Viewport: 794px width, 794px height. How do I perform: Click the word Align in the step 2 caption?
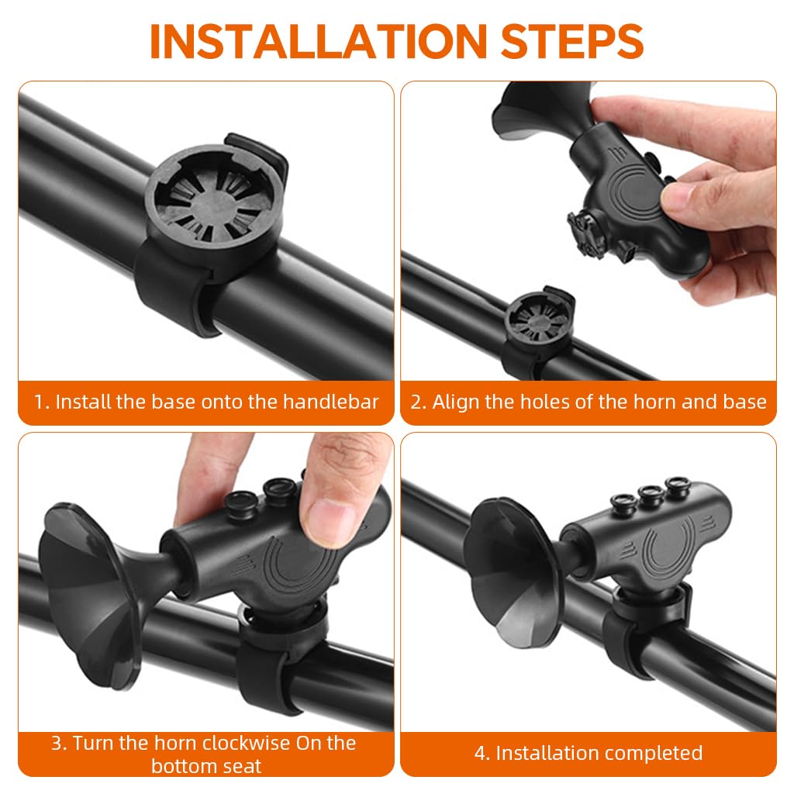tap(456, 402)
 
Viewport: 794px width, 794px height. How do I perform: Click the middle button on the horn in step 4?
tap(650, 495)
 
